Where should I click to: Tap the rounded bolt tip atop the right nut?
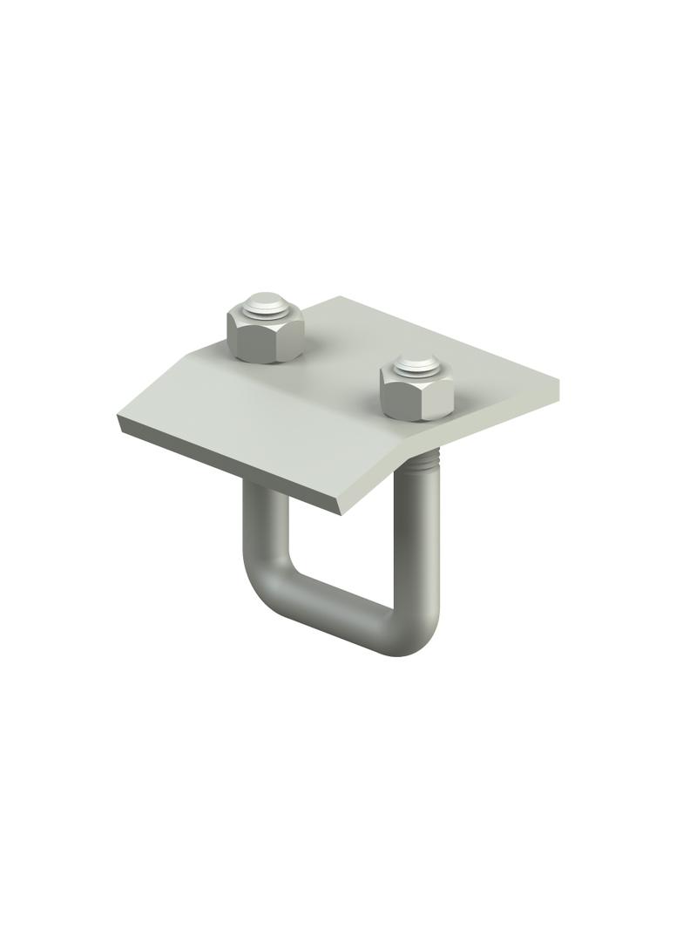coord(417,363)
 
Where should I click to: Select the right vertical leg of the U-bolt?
coord(425,540)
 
